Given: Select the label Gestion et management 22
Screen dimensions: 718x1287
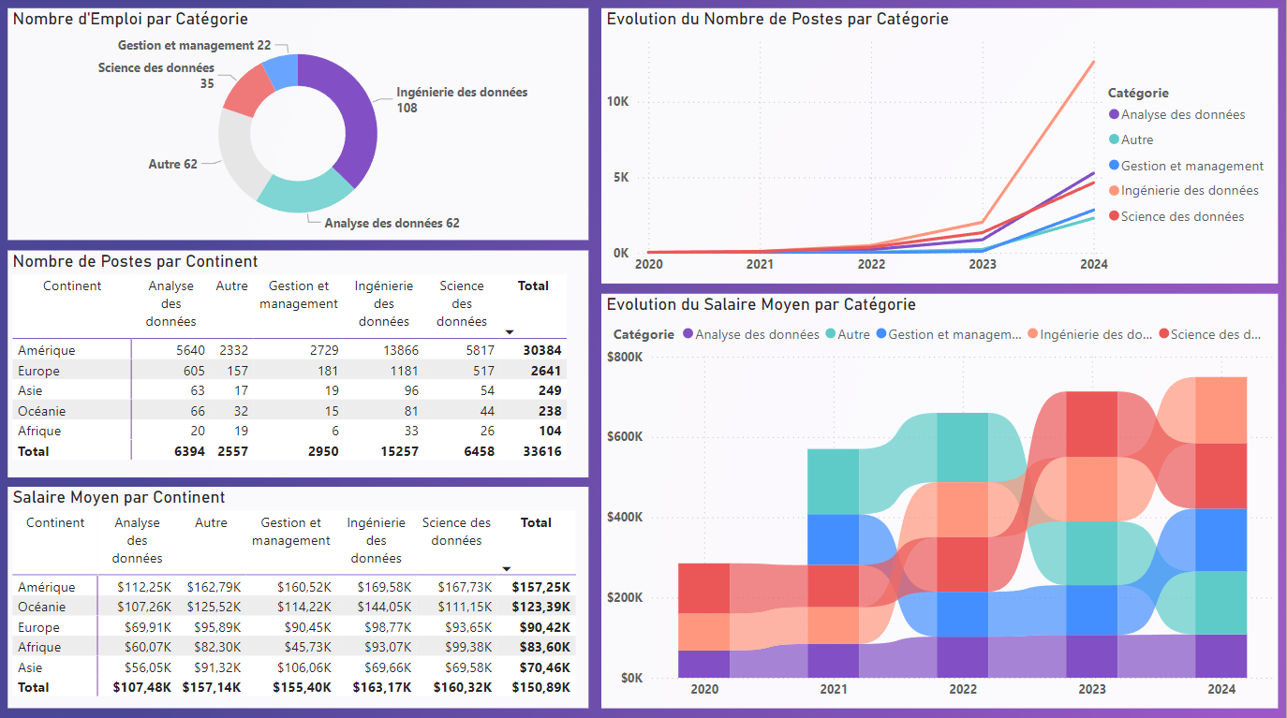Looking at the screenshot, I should (x=194, y=45).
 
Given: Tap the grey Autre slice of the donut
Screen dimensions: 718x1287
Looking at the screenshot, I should (x=236, y=154).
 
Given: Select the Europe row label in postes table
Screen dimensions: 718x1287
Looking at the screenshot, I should (x=38, y=371).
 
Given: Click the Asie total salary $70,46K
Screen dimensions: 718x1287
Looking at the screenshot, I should (x=540, y=667).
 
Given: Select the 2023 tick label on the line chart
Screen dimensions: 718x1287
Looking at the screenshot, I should (x=982, y=264).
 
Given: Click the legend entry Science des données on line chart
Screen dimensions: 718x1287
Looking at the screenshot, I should (x=1182, y=216).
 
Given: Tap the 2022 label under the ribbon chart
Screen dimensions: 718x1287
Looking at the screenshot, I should (x=963, y=689).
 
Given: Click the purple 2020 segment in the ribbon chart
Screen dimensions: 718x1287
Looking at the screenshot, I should (x=703, y=663).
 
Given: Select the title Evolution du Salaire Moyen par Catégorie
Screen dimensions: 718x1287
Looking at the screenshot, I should (x=761, y=304).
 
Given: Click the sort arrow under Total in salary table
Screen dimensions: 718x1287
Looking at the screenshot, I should (x=507, y=568).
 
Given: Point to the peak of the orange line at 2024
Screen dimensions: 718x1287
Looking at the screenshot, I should (x=1093, y=62).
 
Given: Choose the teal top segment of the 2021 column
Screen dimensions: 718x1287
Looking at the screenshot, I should (x=833, y=481).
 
